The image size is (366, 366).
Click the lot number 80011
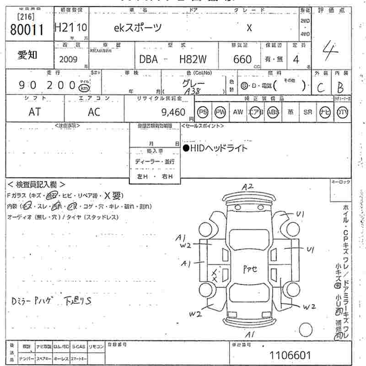tap(27, 30)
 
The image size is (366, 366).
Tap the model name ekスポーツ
tap(138, 28)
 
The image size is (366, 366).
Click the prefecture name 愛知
tap(27, 56)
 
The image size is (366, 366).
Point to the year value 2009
tap(68, 59)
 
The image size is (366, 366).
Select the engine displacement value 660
tap(242, 59)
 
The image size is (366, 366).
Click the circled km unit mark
tap(84, 87)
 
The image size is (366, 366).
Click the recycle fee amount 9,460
tap(173, 112)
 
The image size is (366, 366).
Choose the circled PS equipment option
tap(203, 112)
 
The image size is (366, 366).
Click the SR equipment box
tap(307, 112)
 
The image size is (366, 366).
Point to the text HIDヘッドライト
tap(215, 148)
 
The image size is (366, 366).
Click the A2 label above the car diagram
tap(248, 186)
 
